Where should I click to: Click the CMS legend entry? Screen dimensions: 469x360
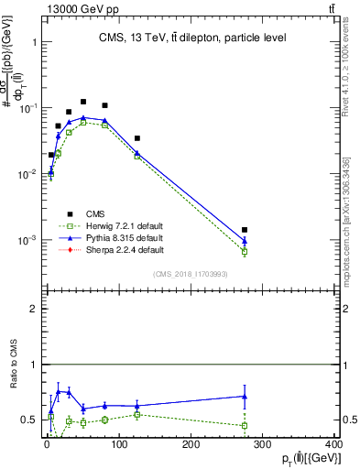93,213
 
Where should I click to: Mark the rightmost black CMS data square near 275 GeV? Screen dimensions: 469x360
245,230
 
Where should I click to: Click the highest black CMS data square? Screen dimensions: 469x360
83,102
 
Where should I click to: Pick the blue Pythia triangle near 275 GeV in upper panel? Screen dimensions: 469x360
245,242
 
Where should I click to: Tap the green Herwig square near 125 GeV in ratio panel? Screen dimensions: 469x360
137,414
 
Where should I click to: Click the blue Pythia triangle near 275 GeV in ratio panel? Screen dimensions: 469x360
245,396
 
